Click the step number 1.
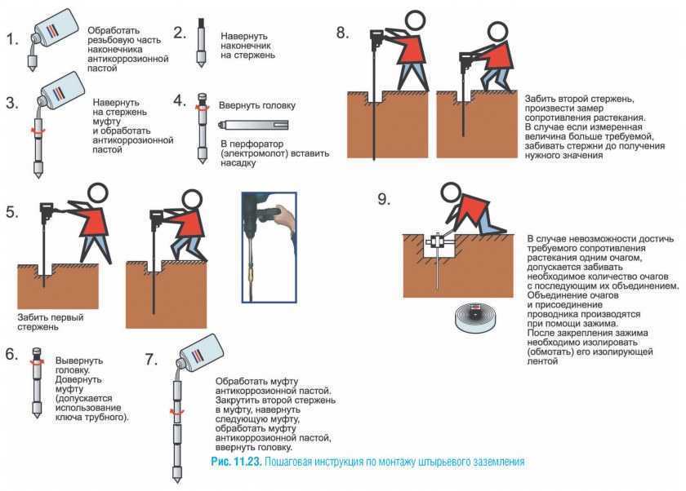tap(11, 39)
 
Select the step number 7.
tap(150, 359)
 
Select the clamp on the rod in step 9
tap(438, 243)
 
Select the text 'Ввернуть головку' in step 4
tap(257, 106)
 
